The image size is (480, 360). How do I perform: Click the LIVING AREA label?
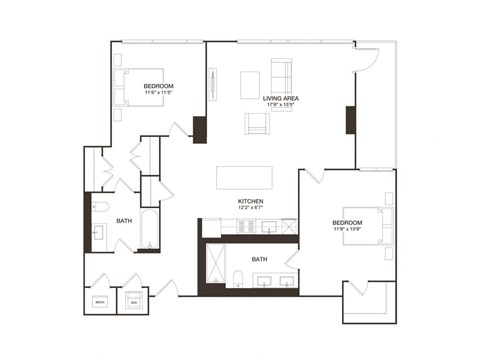pos(281,98)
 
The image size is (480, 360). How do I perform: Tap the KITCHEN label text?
pos(250,201)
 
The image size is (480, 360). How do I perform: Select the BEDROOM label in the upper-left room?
pos(159,86)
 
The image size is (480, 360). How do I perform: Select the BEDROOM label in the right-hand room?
pos(347,222)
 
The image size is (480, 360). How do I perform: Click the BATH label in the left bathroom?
pos(124,220)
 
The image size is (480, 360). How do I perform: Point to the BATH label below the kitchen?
pos(259,259)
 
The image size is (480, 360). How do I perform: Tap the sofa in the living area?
pos(282,77)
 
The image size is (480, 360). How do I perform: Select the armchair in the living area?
pos(256,123)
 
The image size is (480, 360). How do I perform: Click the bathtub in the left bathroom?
pos(148,228)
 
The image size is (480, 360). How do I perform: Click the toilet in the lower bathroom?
pos(239,277)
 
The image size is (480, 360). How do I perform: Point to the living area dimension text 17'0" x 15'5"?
pos(281,105)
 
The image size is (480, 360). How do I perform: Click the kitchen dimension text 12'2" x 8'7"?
pos(250,208)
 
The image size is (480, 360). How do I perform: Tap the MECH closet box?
pos(100,301)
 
